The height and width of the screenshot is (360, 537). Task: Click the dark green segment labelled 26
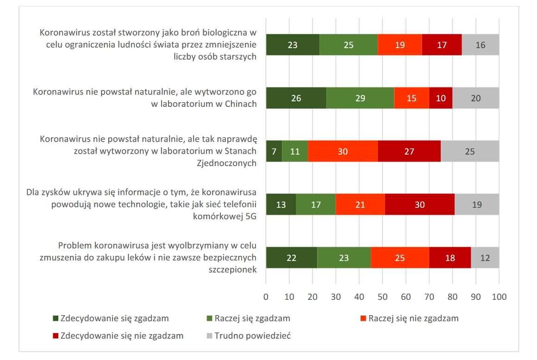[x=296, y=98]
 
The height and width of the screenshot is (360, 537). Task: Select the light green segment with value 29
[x=360, y=98]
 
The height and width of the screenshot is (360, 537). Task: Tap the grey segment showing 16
[x=480, y=45]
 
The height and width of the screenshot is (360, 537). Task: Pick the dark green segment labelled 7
[x=274, y=151]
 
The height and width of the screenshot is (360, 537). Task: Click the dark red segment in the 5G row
[x=419, y=205]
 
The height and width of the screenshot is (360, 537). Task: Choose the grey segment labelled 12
[x=485, y=258]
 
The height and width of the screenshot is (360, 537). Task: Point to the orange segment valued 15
[x=412, y=98]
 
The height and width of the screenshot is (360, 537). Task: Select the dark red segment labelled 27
[x=409, y=151]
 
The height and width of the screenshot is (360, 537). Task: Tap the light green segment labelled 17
[x=316, y=205]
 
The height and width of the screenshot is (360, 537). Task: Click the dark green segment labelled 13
[x=281, y=205]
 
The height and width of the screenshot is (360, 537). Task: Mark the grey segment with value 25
[x=469, y=151]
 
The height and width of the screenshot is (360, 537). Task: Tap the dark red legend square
[x=56, y=336]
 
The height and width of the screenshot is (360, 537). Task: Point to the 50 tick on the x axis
[x=382, y=296]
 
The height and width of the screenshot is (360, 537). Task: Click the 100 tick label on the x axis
[x=499, y=296]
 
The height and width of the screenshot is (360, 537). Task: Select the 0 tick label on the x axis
[x=266, y=296]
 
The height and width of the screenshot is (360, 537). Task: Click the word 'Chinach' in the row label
[x=239, y=104]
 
